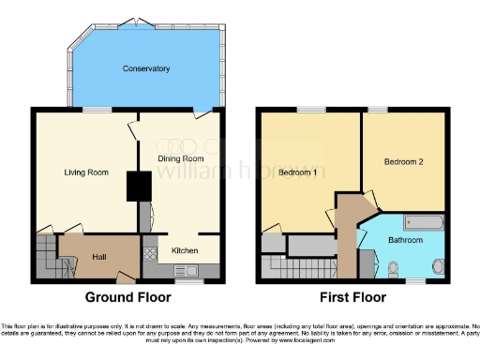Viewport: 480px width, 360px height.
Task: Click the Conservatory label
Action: [145, 68]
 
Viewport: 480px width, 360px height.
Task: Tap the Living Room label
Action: [86, 172]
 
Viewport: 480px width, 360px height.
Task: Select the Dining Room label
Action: [181, 159]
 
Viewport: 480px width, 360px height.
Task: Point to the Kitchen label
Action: [183, 251]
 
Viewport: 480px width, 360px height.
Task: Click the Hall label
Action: [99, 257]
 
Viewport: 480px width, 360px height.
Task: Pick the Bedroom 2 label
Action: [404, 161]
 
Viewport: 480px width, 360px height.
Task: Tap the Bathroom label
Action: [406, 241]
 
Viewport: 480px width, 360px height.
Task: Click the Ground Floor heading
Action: [128, 298]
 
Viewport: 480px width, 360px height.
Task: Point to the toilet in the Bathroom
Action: [393, 270]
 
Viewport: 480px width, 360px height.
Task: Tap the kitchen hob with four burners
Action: [148, 253]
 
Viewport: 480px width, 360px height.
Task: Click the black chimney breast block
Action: [138, 186]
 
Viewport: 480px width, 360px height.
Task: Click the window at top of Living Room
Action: [92, 110]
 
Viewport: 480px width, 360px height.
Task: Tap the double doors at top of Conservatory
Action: [139, 21]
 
